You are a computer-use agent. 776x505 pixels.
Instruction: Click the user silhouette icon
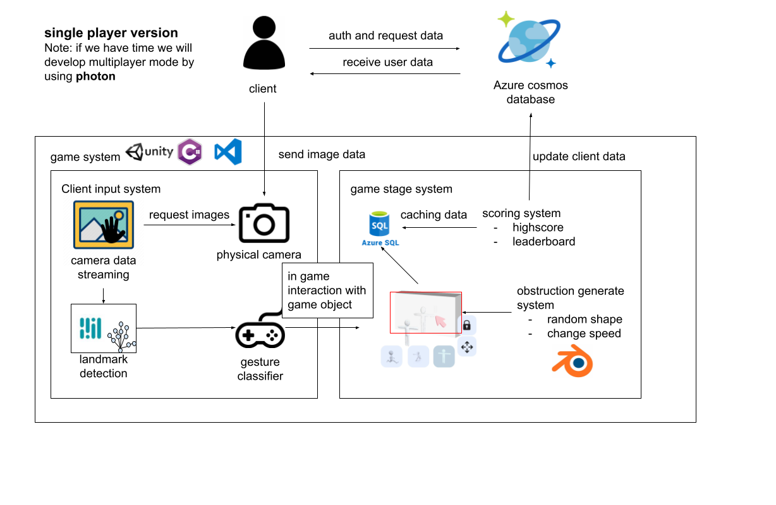pos(264,43)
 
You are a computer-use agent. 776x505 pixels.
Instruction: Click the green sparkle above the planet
pos(506,19)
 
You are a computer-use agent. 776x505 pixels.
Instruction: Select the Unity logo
pos(149,152)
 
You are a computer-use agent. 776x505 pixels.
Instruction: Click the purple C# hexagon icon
pos(190,152)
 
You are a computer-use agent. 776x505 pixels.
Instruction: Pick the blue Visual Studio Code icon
pos(228,152)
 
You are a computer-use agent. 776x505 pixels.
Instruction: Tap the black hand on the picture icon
pos(113,230)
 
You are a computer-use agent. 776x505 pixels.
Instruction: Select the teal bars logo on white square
pos(90,328)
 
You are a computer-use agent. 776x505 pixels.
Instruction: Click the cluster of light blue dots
pos(121,337)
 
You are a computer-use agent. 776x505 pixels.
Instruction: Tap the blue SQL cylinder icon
pos(380,223)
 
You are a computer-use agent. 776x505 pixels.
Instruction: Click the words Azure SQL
pos(380,242)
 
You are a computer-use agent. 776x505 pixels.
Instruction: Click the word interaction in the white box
pos(327,290)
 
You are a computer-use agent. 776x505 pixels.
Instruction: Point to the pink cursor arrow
pos(440,321)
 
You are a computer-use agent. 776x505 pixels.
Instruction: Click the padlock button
pos(466,325)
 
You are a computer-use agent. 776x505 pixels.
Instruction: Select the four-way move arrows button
pos(466,347)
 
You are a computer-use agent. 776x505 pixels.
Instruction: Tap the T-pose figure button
pos(444,357)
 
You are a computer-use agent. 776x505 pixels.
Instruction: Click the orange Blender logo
pos(573,361)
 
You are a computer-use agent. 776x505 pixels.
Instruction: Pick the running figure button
pos(392,357)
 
